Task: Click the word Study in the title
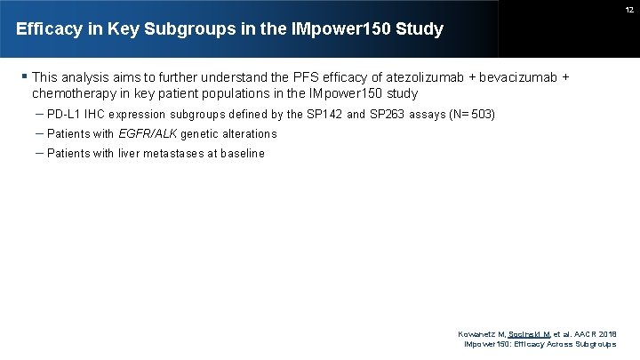(x=421, y=29)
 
